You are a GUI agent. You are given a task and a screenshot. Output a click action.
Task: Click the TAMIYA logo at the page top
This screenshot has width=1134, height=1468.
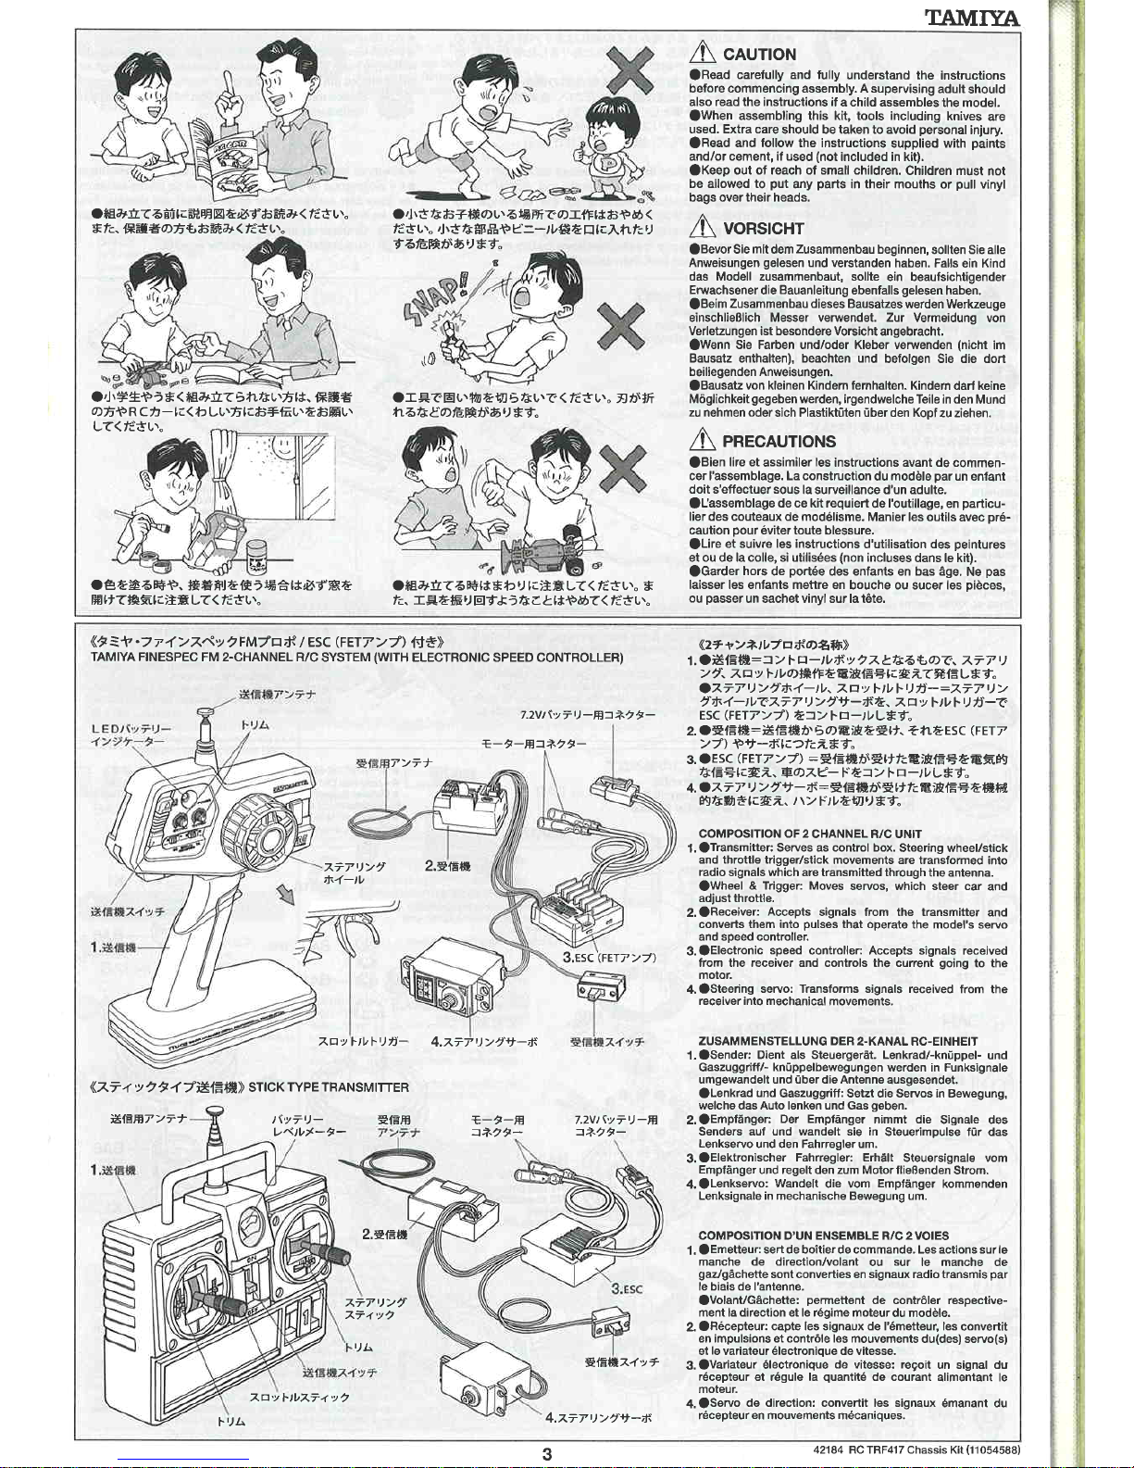tap(973, 17)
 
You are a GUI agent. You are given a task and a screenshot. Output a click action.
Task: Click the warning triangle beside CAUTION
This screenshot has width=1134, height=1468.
tap(704, 54)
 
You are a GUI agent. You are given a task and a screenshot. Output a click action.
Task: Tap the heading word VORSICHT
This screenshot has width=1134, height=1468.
tap(764, 229)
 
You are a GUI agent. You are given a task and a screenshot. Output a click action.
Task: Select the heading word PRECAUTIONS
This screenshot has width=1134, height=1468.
tap(779, 441)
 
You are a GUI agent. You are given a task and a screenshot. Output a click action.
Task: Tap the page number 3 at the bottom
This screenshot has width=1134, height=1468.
tap(547, 1454)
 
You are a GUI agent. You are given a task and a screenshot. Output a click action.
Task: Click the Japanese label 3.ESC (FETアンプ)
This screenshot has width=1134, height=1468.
tap(609, 958)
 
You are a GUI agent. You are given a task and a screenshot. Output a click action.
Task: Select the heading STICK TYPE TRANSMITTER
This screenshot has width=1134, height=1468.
tap(329, 1087)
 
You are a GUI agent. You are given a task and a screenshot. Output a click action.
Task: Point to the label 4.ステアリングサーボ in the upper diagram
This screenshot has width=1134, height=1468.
tap(484, 1042)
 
